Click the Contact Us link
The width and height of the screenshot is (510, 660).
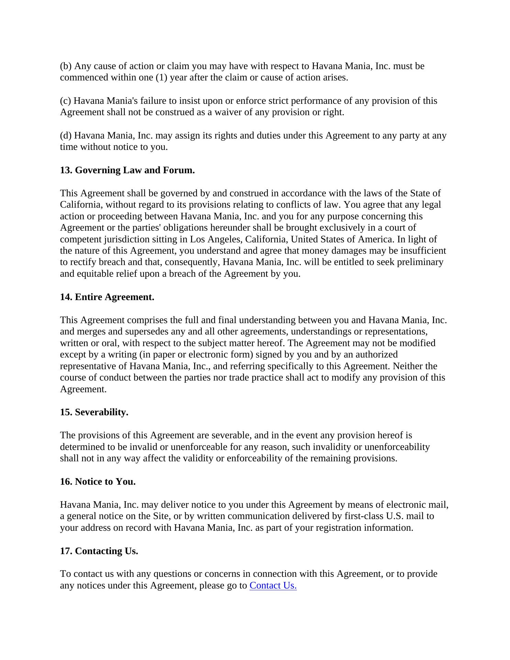point(273,585)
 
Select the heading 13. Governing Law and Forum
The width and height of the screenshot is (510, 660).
point(127,170)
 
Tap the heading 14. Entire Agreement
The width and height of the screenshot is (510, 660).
point(107,297)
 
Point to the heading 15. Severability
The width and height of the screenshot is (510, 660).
point(94,412)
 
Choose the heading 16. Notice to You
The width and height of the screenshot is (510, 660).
point(98,482)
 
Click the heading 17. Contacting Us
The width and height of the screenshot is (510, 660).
point(99,551)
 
